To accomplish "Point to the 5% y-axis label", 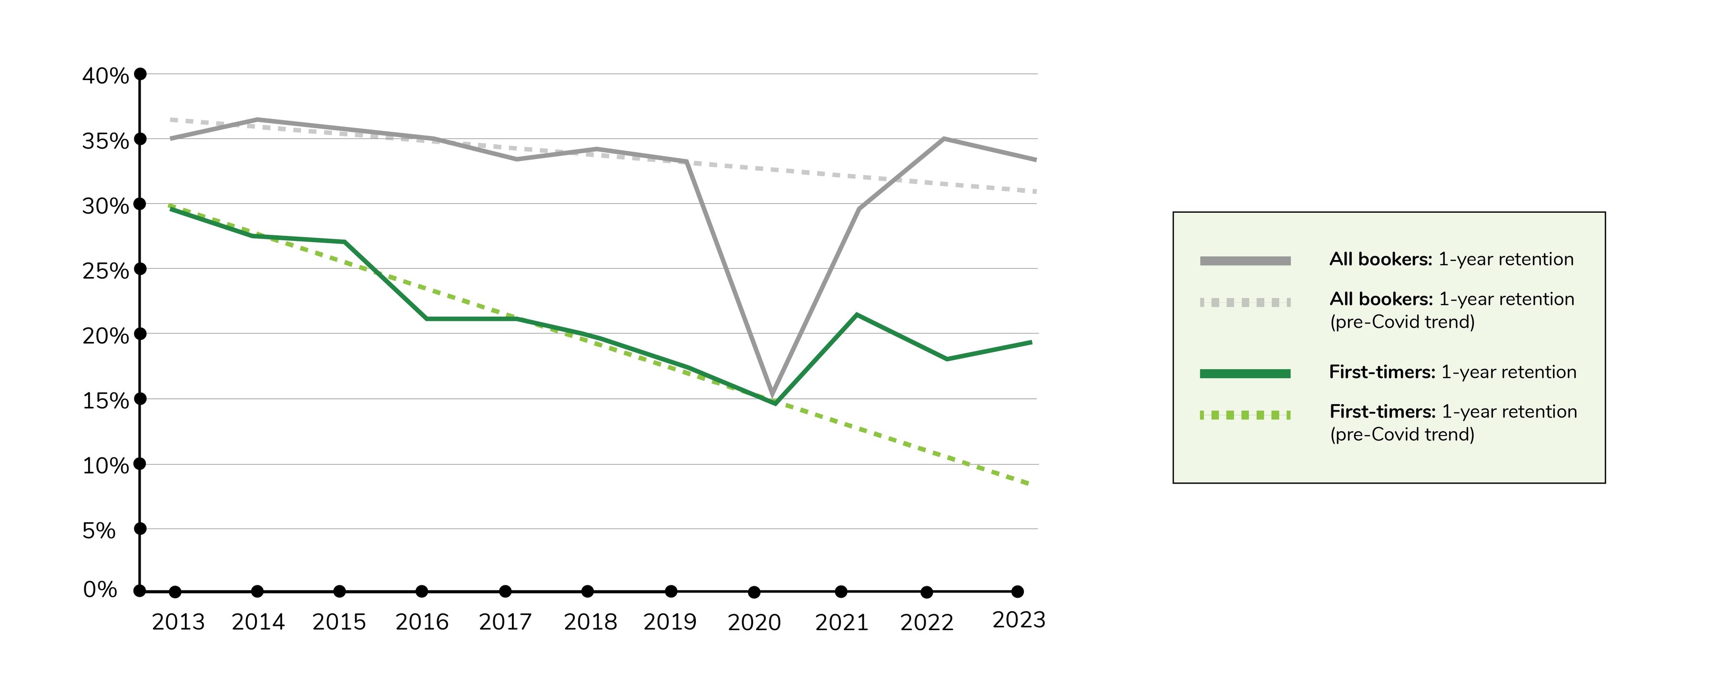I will point(99,530).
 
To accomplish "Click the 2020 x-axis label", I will point(754,623).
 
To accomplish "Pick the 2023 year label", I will point(1019,620).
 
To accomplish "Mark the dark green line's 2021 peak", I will point(857,315).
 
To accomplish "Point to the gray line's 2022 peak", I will point(944,139).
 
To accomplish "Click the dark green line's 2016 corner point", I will point(426,319).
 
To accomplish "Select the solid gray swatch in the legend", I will point(1245,260).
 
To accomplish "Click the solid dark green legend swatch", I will point(1245,374).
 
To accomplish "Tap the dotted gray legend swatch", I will point(1245,302).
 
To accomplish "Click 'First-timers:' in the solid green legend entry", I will point(1381,372).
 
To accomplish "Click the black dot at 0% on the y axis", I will point(139,591).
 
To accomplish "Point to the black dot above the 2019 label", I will point(671,592).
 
